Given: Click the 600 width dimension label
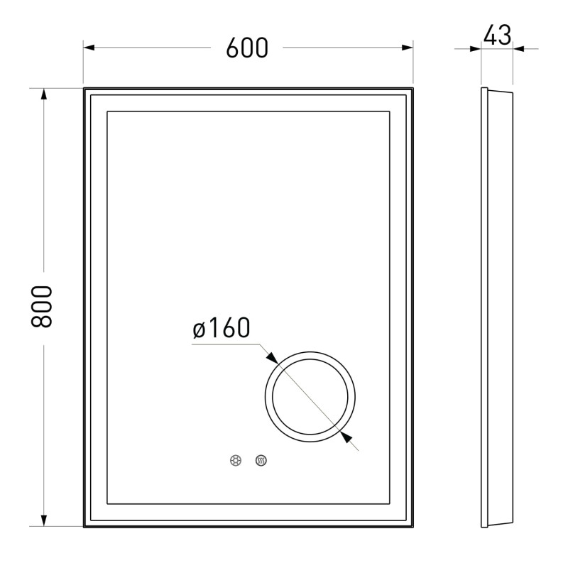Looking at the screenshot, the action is (247, 48).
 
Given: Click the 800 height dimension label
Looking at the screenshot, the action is (42, 307).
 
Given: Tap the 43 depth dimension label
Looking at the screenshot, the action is (497, 35).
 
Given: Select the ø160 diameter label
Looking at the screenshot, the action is (222, 327).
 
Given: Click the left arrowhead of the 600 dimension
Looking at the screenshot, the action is (89, 48).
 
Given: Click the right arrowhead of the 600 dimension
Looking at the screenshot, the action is (408, 48).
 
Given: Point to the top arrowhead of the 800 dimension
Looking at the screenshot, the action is (44, 94).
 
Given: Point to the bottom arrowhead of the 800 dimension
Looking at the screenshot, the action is (44, 520).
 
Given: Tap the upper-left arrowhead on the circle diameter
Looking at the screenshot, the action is (272, 358).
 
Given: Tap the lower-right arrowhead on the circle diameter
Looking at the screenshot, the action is (346, 437).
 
